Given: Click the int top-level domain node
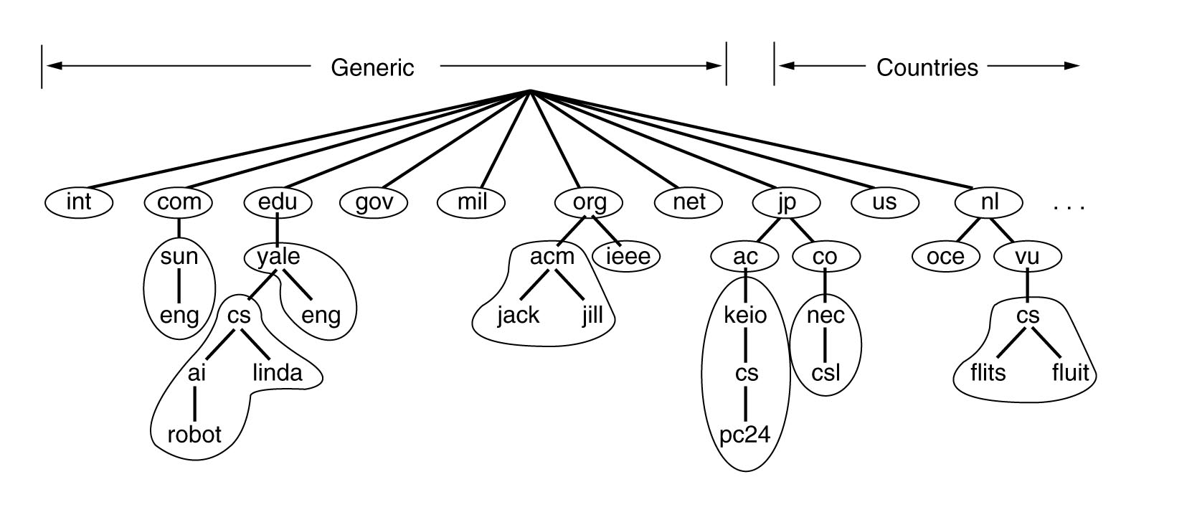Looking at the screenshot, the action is pyautogui.click(x=79, y=202).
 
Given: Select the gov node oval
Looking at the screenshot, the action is pyautogui.click(x=374, y=202).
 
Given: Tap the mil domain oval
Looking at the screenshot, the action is pyautogui.click(x=471, y=202).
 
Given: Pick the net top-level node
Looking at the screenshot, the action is pyautogui.click(x=689, y=202).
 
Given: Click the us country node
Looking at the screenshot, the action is pyautogui.click(x=884, y=202).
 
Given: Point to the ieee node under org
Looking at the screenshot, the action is pyautogui.click(x=628, y=257).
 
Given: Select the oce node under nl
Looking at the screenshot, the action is pyautogui.click(x=945, y=257).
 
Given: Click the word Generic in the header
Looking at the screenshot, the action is pyautogui.click(x=372, y=67).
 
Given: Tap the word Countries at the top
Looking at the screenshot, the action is pyautogui.click(x=927, y=67).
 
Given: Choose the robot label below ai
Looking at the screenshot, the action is pyautogui.click(x=194, y=435).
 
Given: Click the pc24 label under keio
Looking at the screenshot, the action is pyautogui.click(x=745, y=435).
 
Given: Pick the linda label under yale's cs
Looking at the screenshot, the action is pyautogui.click(x=278, y=372).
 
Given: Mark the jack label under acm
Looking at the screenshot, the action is pyautogui.click(x=519, y=315).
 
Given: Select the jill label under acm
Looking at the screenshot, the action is pyautogui.click(x=592, y=315).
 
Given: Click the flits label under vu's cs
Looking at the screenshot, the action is pyautogui.click(x=988, y=372).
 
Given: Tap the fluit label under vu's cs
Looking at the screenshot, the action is pyautogui.click(x=1071, y=372).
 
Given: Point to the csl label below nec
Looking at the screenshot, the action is pyautogui.click(x=826, y=372).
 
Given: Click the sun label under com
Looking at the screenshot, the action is pyautogui.click(x=179, y=257).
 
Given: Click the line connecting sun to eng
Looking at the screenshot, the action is pyautogui.click(x=179, y=285).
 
